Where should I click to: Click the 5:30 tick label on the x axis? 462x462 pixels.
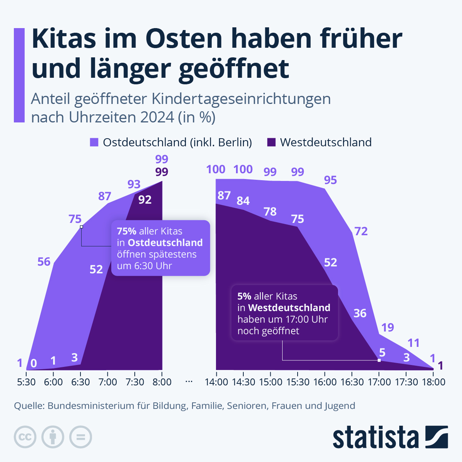[x=26, y=382]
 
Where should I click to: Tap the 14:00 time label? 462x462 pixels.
[x=216, y=382]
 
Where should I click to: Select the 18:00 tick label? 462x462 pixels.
[x=433, y=382]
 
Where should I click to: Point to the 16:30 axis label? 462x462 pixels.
[x=352, y=382]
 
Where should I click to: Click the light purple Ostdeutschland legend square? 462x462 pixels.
[x=94, y=142]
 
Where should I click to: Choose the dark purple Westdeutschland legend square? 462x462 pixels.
[x=271, y=142]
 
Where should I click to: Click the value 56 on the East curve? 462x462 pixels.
[x=44, y=262]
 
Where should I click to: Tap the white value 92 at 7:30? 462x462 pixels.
[x=145, y=199]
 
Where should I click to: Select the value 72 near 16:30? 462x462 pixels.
[x=361, y=231]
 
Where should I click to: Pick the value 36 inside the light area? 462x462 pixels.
[x=360, y=313]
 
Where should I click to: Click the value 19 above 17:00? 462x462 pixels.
[x=387, y=327]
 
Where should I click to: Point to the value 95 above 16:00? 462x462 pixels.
[x=330, y=180]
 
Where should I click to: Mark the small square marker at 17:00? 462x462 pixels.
[x=379, y=360]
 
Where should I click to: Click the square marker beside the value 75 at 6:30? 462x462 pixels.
[x=81, y=227]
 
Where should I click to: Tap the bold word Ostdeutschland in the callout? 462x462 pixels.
[x=165, y=243]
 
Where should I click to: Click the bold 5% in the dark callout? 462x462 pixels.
[x=244, y=296]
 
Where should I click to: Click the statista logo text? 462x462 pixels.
[x=376, y=437]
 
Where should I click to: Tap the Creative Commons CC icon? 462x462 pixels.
[x=25, y=437]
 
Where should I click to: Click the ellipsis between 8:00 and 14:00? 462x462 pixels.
[x=189, y=382]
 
